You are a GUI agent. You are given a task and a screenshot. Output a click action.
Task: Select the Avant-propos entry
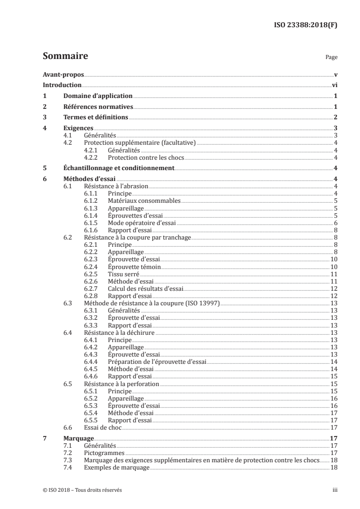tap(63, 74)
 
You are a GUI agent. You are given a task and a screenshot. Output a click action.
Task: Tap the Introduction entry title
tap(62, 85)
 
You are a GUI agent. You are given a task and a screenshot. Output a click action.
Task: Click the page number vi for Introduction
tap(334, 85)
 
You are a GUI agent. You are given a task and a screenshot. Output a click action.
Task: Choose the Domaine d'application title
tap(98, 96)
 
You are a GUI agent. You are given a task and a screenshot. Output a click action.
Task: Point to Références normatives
tap(98, 107)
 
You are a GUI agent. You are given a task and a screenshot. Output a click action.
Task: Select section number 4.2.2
tap(92, 158)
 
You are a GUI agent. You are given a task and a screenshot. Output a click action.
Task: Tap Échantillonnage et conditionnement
tap(118, 168)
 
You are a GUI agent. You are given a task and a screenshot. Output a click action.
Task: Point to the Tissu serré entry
tap(123, 274)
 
